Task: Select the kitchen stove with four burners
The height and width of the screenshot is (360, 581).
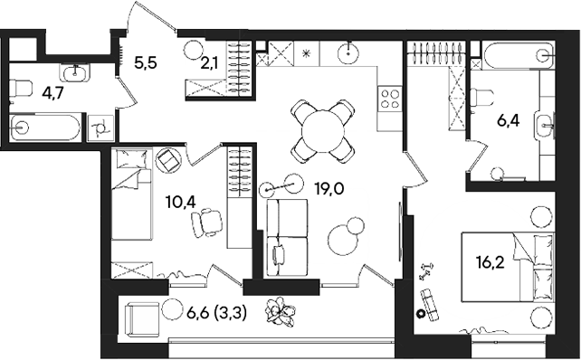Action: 392,95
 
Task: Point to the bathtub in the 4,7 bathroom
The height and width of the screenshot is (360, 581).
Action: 45,127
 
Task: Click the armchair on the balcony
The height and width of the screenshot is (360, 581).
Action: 142,317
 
